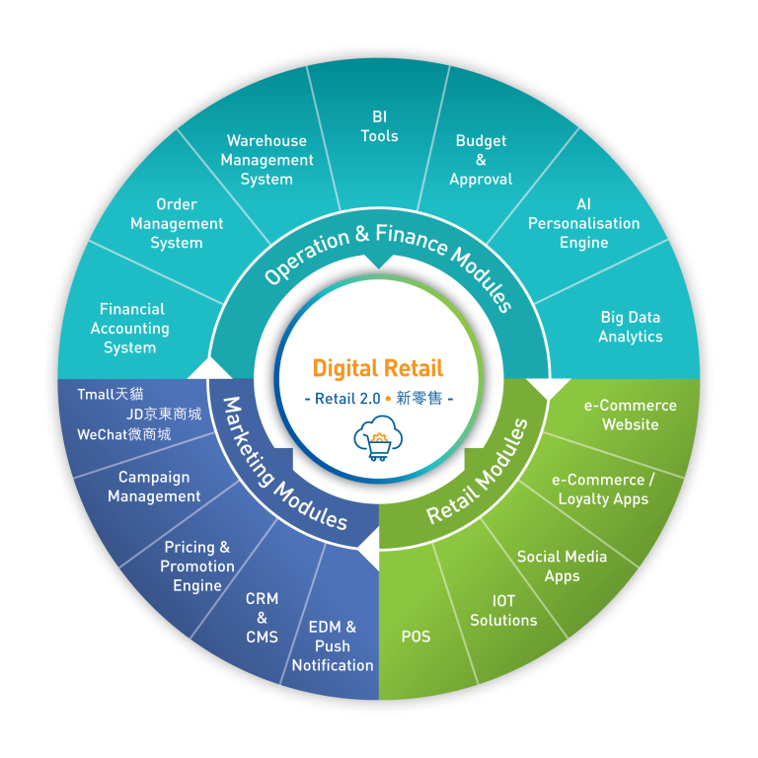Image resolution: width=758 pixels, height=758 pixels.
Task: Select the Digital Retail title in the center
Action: (x=378, y=369)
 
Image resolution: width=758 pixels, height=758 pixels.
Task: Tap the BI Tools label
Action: (x=380, y=126)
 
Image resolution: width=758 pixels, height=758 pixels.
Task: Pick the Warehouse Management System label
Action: (x=266, y=160)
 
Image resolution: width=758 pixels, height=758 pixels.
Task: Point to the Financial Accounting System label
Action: (x=130, y=329)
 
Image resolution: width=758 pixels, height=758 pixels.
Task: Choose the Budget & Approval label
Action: (x=481, y=160)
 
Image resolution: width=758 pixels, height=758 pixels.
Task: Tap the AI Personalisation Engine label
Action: (x=583, y=223)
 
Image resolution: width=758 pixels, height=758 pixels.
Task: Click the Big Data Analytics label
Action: (x=630, y=327)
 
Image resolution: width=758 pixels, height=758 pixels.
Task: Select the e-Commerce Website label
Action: (x=630, y=415)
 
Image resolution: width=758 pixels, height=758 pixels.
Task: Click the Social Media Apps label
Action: (x=562, y=566)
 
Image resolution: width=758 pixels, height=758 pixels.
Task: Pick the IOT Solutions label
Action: (x=503, y=610)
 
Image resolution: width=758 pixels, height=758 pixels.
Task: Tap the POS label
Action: (x=416, y=637)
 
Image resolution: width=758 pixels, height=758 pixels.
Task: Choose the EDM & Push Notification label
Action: (x=333, y=645)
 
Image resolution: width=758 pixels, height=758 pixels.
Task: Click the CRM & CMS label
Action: (x=262, y=618)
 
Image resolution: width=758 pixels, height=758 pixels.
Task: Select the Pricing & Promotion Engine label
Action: (x=197, y=567)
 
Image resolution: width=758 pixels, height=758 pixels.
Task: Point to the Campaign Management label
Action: (x=154, y=487)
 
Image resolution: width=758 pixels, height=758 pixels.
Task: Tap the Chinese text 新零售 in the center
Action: (x=419, y=400)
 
